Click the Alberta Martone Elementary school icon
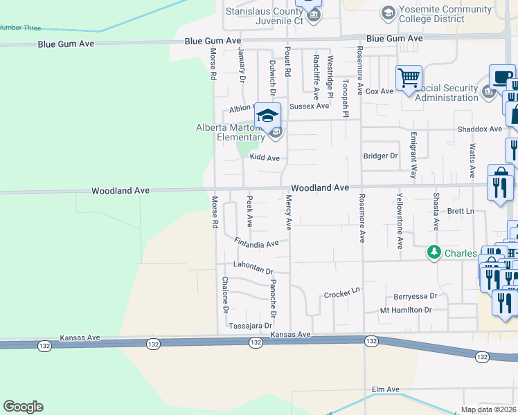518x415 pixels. [267, 116]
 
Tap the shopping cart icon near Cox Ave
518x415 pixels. [409, 77]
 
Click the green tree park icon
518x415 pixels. [434, 253]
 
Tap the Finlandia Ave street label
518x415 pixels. [256, 243]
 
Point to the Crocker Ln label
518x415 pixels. [343, 294]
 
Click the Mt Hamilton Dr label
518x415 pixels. [406, 311]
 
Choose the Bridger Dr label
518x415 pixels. [381, 156]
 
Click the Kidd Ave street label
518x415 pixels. [265, 158]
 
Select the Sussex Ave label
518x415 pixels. [309, 107]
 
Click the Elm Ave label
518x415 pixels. [386, 390]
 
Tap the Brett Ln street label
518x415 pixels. [460, 211]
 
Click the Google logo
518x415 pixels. [23, 407]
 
